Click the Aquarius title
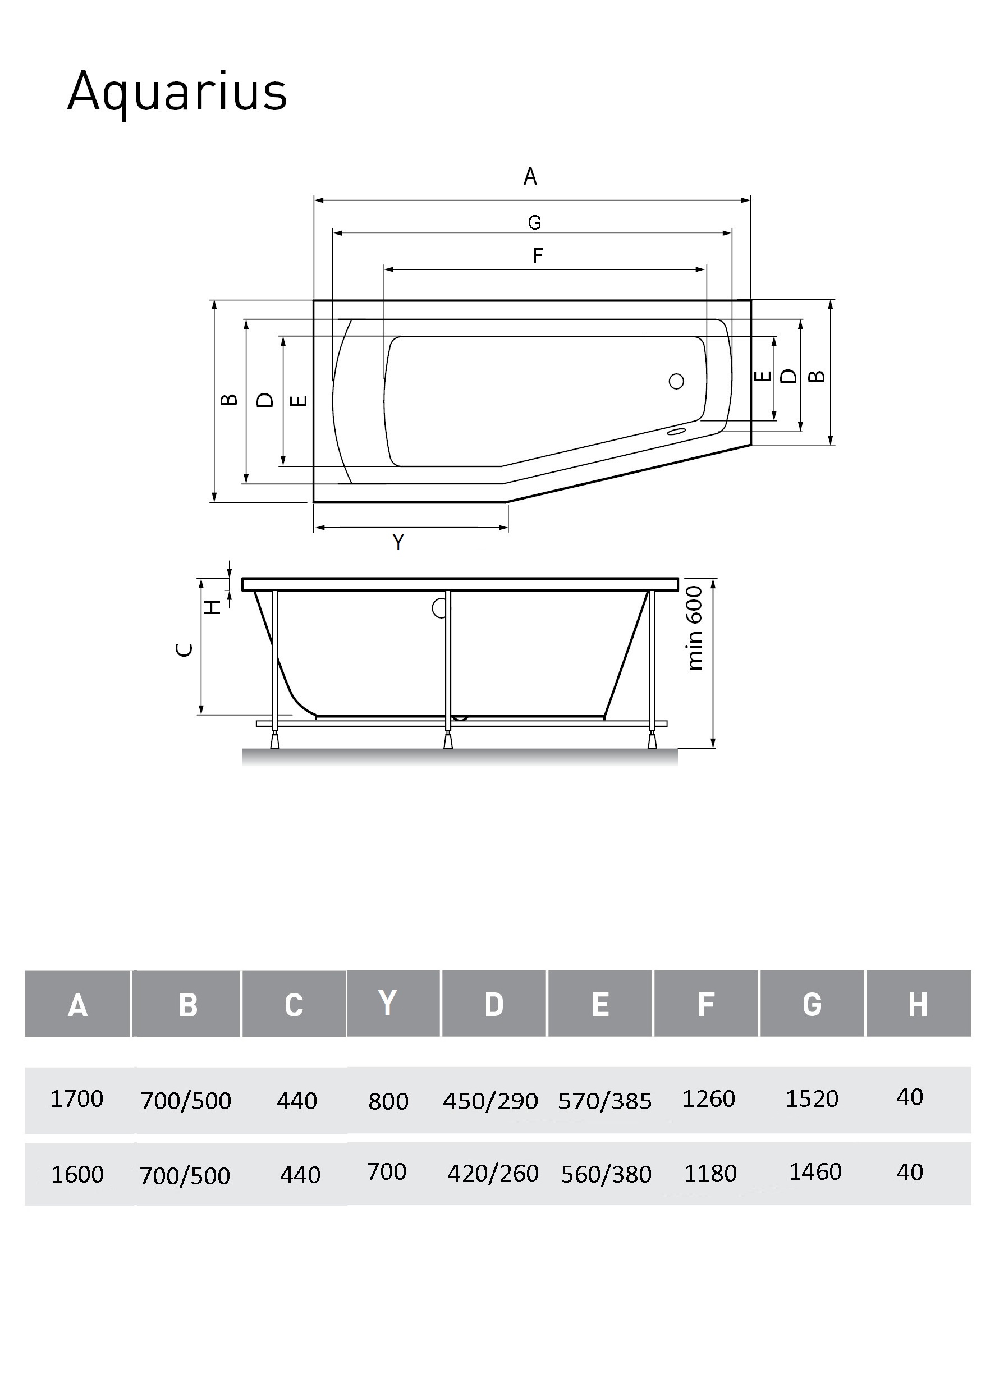177,92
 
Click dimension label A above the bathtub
530,176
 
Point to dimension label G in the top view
534,222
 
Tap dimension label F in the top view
537,256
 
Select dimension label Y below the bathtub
398,542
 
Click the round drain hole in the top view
676,381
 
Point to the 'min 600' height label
694,628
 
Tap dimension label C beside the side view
184,650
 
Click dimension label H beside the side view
212,607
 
